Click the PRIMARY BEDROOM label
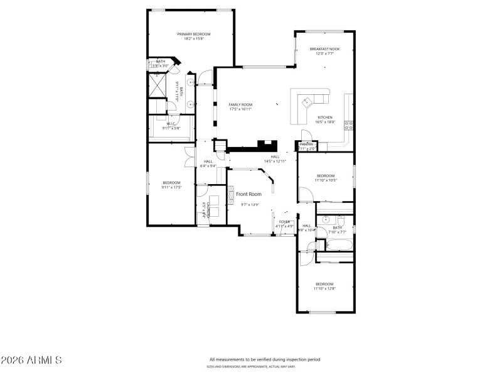(193, 34)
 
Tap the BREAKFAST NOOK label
(324, 49)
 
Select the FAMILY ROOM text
(240, 104)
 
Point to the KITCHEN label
(324, 117)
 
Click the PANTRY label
(306, 145)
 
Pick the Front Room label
(248, 194)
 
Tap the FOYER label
(284, 221)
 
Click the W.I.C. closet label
(171, 124)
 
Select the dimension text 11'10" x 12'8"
(325, 288)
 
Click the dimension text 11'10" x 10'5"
(326, 180)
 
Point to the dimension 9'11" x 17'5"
(171, 187)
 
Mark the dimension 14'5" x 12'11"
(275, 161)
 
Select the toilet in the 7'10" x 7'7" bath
(341, 221)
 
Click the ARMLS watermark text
(31, 361)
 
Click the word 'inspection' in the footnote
(292, 359)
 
